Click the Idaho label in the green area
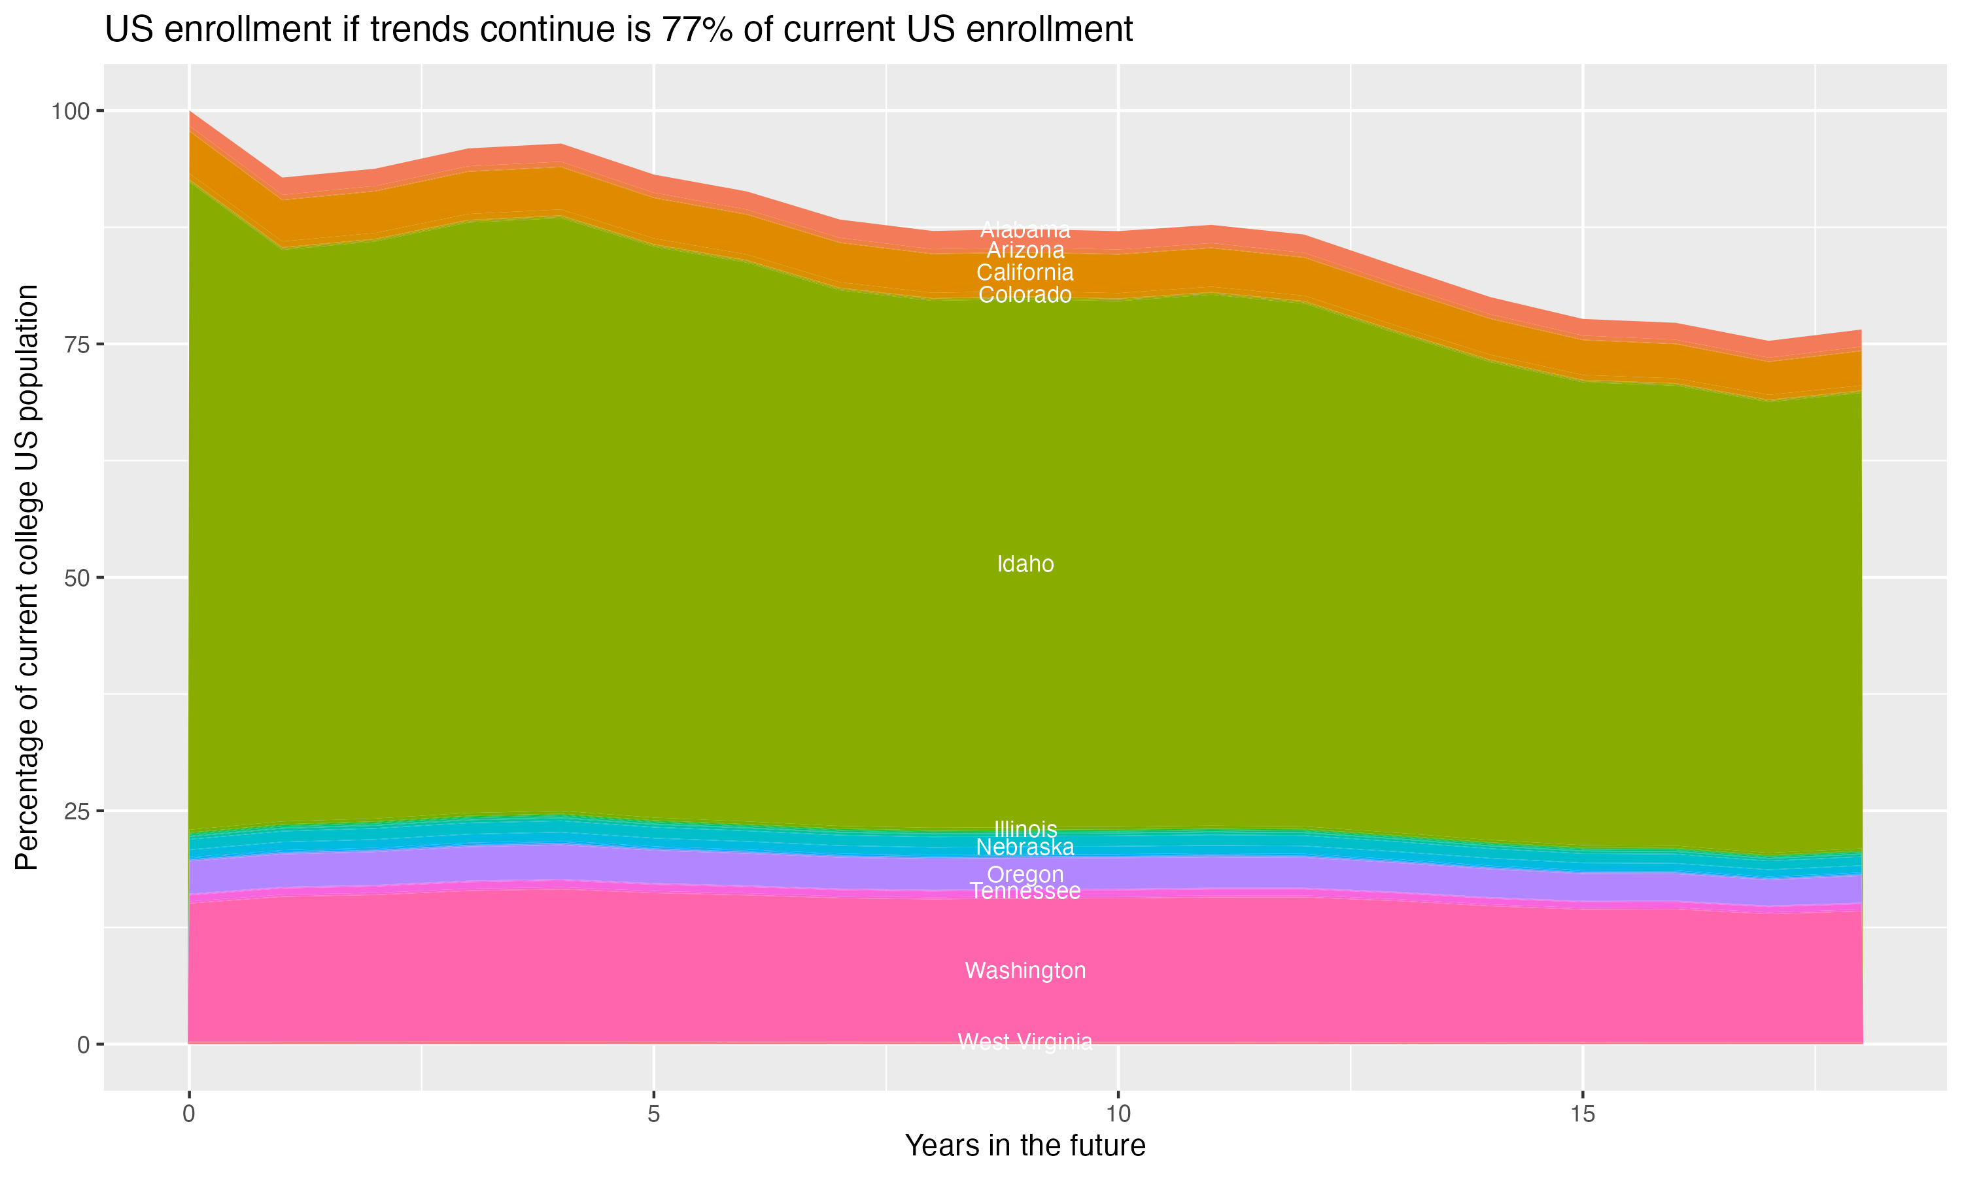point(1025,564)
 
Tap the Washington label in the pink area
point(1025,971)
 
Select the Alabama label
point(1025,230)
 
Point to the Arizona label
point(1025,250)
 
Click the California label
point(1025,273)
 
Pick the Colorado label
point(1025,295)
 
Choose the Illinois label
point(1025,829)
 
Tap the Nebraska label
point(1025,847)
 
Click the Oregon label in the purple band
point(1025,875)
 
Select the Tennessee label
point(1025,891)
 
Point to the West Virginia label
point(1025,1042)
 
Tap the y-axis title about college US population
point(27,577)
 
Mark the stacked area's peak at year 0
point(190,112)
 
